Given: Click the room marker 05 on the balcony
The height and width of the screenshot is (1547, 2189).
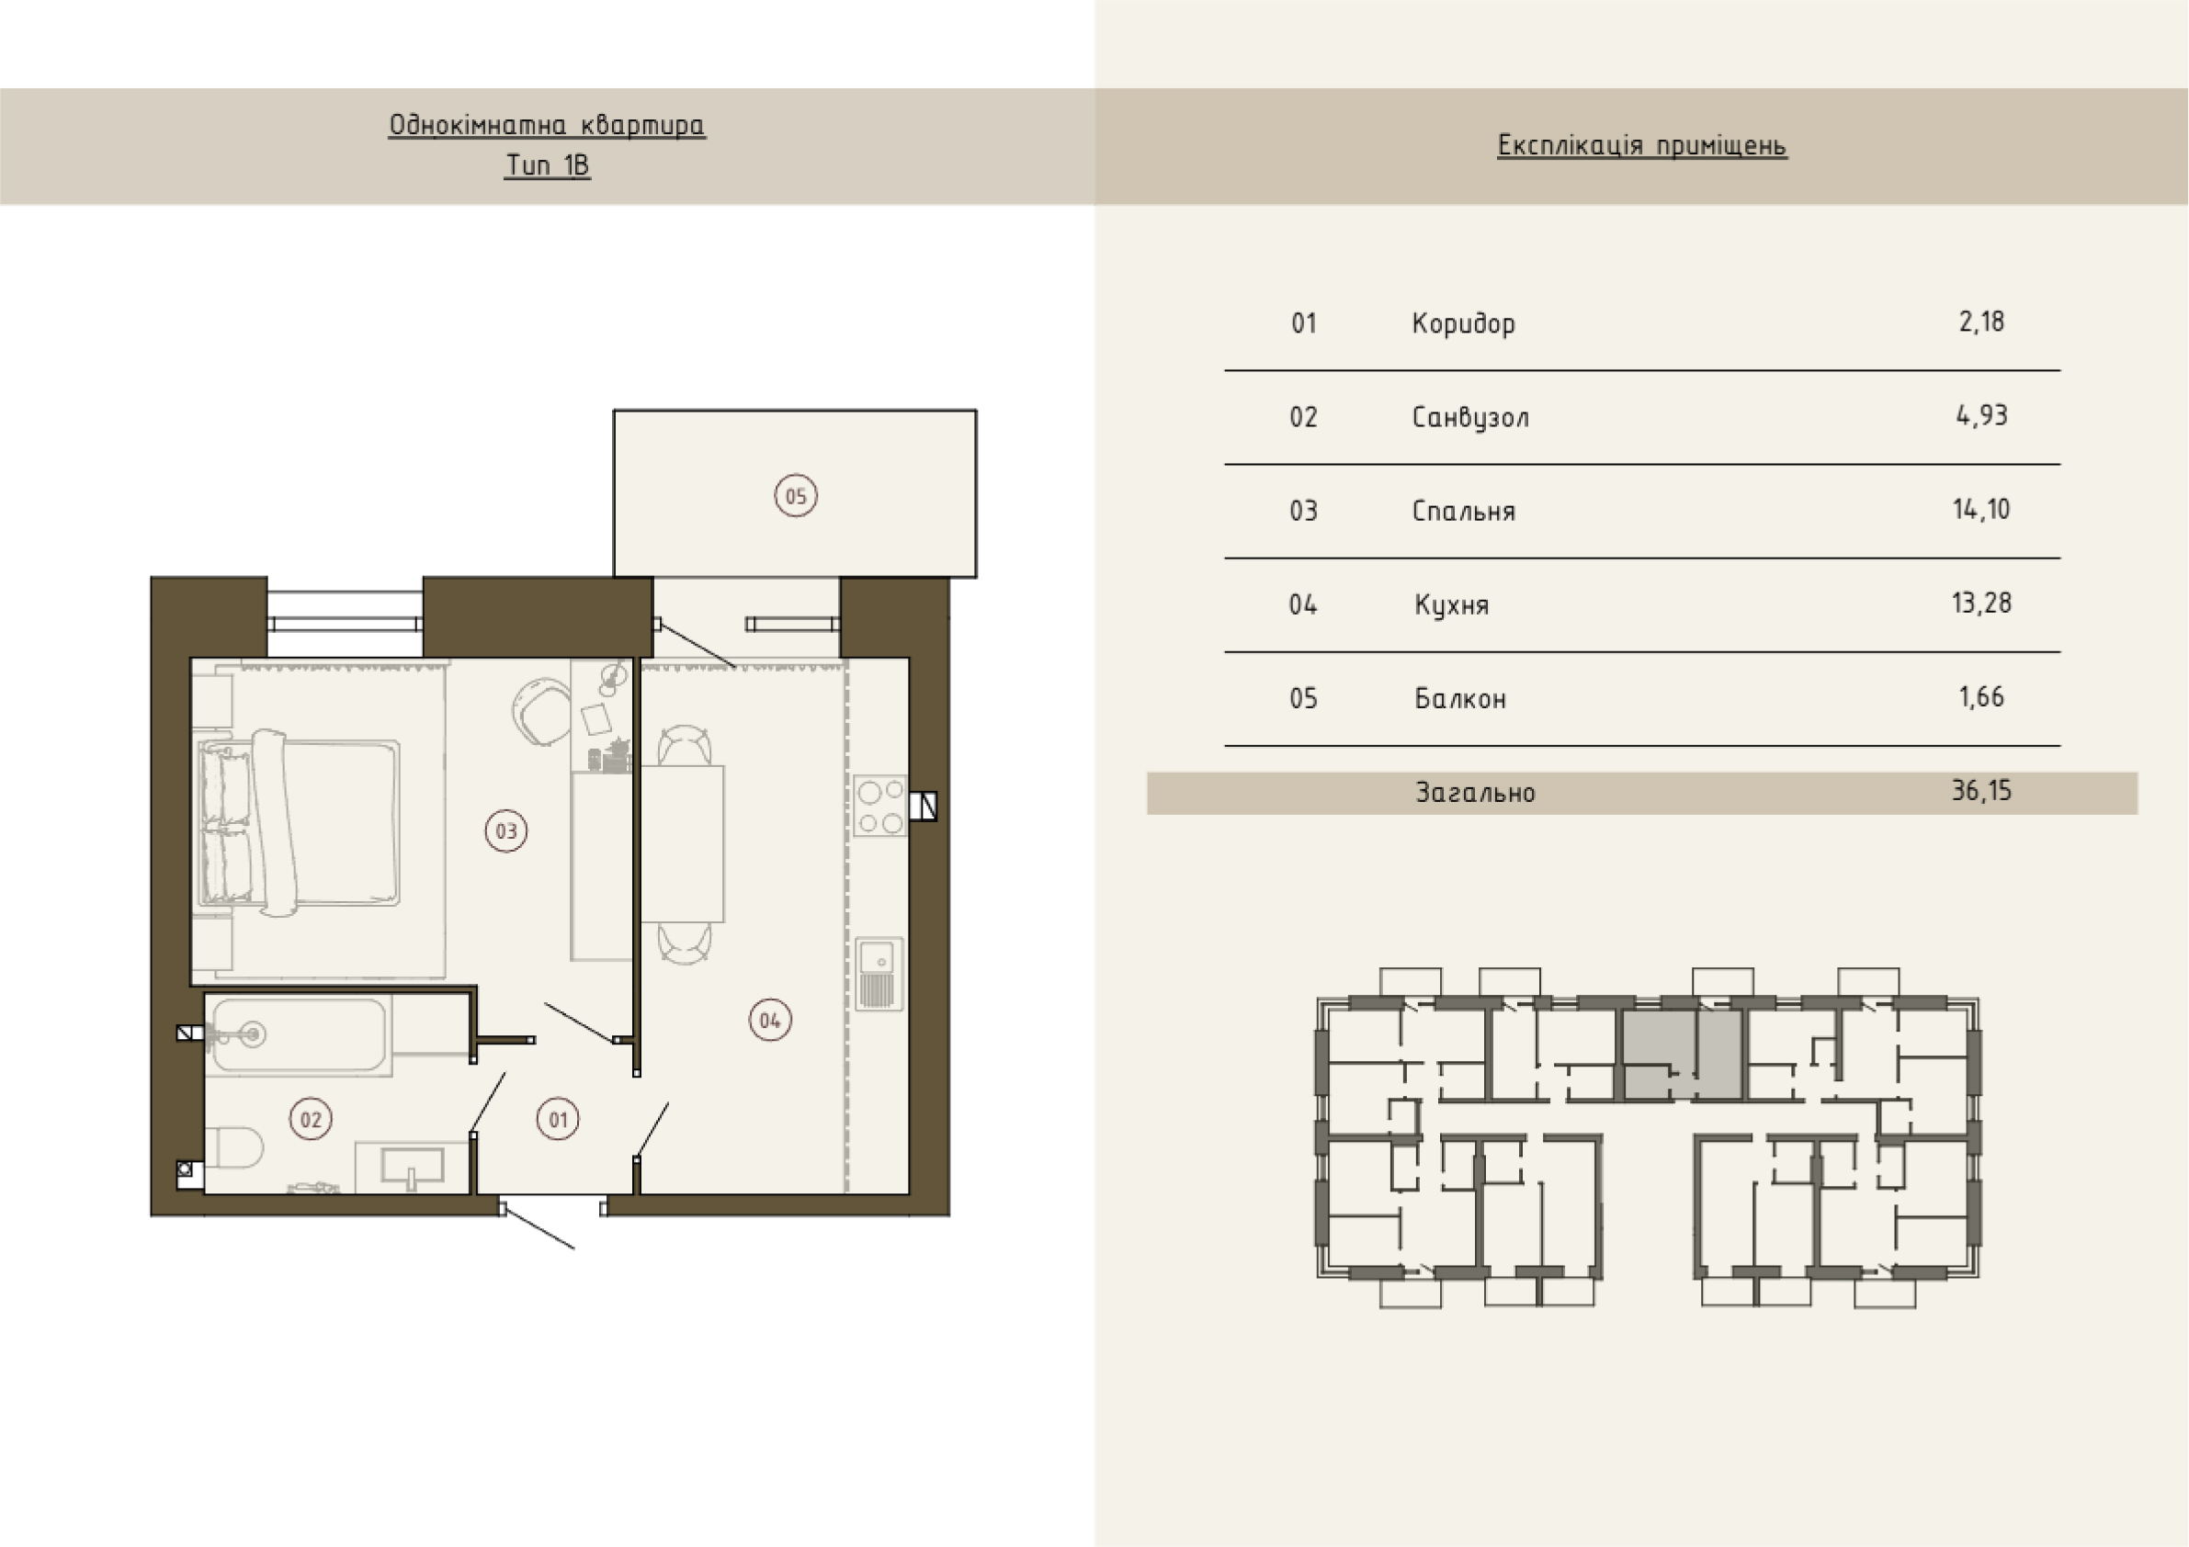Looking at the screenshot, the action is point(795,496).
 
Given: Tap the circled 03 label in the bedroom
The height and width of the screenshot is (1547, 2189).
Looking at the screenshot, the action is point(506,830).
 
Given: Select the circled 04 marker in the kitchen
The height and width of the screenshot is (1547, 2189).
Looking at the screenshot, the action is point(769,1020).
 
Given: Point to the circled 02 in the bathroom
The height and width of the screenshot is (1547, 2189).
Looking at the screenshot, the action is point(311,1118).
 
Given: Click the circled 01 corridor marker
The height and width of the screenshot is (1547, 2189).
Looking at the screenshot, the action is point(559,1119).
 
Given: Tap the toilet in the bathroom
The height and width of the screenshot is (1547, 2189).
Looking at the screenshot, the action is point(233,1147).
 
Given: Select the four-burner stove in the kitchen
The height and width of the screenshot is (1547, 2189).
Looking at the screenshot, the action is point(880,806).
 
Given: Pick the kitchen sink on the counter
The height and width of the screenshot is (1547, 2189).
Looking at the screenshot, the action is point(878,975).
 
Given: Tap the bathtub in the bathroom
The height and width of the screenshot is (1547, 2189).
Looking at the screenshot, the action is point(299,1035).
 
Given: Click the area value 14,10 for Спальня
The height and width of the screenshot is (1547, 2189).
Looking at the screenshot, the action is point(1980,509).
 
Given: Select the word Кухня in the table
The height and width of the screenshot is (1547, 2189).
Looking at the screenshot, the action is point(1451,604).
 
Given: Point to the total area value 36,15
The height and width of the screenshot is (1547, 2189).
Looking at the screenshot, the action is point(1981,790).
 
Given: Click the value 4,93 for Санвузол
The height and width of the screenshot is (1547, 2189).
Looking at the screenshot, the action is point(1981,415).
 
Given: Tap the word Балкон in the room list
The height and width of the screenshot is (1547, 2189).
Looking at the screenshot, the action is point(1459,699).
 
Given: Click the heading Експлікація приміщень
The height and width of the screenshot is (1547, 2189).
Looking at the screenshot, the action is point(1641,145).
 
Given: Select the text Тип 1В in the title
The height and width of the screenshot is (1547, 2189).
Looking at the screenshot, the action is point(548,165).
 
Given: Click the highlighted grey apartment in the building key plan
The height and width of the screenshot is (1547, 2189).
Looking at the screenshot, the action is point(1682,1056).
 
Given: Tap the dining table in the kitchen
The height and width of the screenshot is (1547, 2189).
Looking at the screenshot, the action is point(683,843).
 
